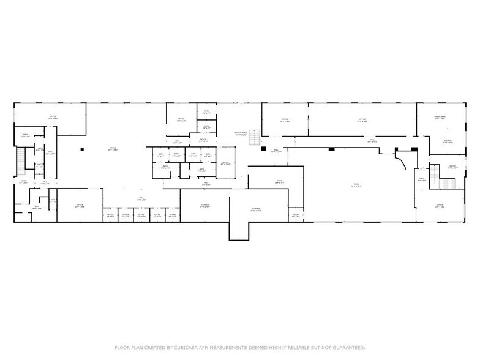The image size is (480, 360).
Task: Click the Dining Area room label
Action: coord(439,117)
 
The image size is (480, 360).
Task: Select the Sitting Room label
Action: coord(241,133)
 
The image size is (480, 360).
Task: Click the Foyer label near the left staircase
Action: coord(23,182)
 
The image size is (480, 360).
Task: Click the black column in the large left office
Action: coord(81,148)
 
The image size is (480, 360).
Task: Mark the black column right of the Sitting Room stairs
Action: coord(263,148)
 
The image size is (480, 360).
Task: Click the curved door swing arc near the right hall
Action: coord(402,160)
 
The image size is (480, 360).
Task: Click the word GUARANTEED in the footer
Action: coord(346,347)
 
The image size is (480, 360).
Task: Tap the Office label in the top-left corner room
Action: coord(53,118)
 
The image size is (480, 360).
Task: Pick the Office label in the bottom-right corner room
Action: coord(439,206)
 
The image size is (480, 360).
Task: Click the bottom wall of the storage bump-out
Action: coord(240,239)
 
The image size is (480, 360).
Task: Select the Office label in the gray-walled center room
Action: coord(225,163)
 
